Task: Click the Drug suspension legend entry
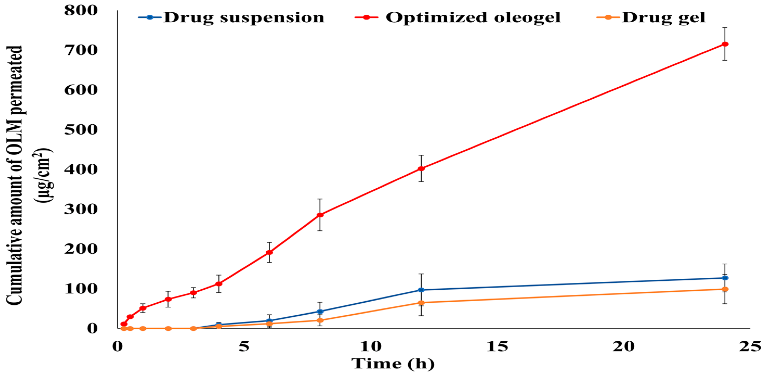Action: pyautogui.click(x=231, y=17)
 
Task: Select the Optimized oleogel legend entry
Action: pyautogui.click(x=458, y=17)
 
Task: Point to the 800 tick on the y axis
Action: pyautogui.click(x=81, y=10)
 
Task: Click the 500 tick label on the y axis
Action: pyautogui.click(x=81, y=130)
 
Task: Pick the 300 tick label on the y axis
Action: pyautogui.click(x=81, y=209)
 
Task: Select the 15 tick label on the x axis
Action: pyautogui.click(x=497, y=346)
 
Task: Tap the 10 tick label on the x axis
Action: pyautogui.click(x=371, y=346)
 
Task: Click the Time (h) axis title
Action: pyautogui.click(x=393, y=364)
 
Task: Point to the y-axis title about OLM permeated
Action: pyautogui.click(x=28, y=175)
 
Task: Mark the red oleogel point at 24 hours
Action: pyautogui.click(x=725, y=44)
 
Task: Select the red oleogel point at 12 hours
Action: pyautogui.click(x=421, y=169)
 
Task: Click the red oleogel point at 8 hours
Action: pyautogui.click(x=320, y=215)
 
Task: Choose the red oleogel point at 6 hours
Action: pyautogui.click(x=269, y=252)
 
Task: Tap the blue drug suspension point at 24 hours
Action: pyautogui.click(x=725, y=278)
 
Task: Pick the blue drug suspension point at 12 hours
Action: pyautogui.click(x=421, y=290)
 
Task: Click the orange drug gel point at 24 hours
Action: pyautogui.click(x=725, y=289)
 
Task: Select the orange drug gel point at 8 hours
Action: pyautogui.click(x=320, y=320)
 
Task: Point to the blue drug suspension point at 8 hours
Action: pyautogui.click(x=320, y=312)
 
